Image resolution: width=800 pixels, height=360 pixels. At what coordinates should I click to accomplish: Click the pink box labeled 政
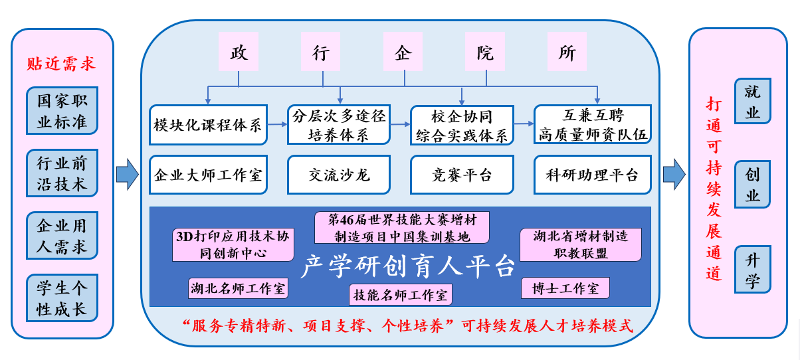coord(239,51)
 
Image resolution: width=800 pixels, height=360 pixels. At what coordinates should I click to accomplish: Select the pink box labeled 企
coord(403,51)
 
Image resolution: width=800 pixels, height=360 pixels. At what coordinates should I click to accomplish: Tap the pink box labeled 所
coord(567,51)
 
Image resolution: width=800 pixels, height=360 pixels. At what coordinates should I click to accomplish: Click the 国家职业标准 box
coord(62,110)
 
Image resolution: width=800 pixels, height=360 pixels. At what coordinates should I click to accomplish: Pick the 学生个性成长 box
coord(62,298)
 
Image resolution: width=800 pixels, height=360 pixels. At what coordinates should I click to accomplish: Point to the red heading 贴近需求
coord(61,64)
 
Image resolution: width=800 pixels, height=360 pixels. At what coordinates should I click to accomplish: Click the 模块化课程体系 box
coord(208,125)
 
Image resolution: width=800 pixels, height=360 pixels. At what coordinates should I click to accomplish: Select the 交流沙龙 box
coord(339,175)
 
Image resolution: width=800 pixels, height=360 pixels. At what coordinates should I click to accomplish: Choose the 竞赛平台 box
coord(462,175)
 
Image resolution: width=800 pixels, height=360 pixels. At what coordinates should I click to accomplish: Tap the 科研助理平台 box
coord(593,175)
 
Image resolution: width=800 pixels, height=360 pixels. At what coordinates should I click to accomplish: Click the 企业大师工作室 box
coord(208,175)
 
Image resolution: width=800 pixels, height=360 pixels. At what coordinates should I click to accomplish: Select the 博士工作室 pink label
coord(565,288)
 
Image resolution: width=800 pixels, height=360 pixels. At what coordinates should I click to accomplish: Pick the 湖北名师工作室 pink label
coord(239,288)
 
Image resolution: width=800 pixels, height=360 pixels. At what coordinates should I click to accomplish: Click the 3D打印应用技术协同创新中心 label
coord(233,244)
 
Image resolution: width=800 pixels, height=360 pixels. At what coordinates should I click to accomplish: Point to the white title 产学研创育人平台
coord(408,266)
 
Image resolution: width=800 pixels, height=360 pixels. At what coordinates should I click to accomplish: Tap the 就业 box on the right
coord(753,101)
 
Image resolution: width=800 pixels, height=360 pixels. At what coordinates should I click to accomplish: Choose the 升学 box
coord(753,269)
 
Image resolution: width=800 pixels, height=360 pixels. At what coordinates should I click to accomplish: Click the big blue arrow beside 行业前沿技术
coord(128,174)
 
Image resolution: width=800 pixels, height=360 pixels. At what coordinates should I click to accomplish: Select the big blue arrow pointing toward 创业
coord(674,174)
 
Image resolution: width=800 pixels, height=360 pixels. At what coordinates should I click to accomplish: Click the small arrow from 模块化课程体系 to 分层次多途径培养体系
coord(278,124)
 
